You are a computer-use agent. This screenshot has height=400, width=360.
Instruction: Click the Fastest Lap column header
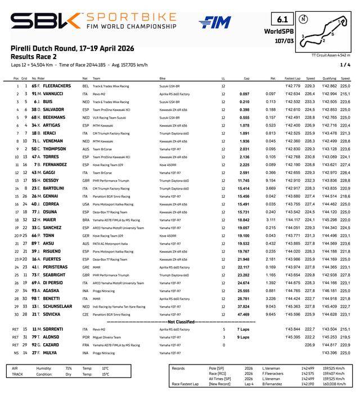(292, 78)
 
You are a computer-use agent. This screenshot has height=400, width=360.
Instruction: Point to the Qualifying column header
(329, 78)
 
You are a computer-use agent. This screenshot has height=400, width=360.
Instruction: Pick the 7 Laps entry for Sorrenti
(243, 329)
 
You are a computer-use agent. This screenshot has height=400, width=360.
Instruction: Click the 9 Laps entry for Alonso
(243, 337)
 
